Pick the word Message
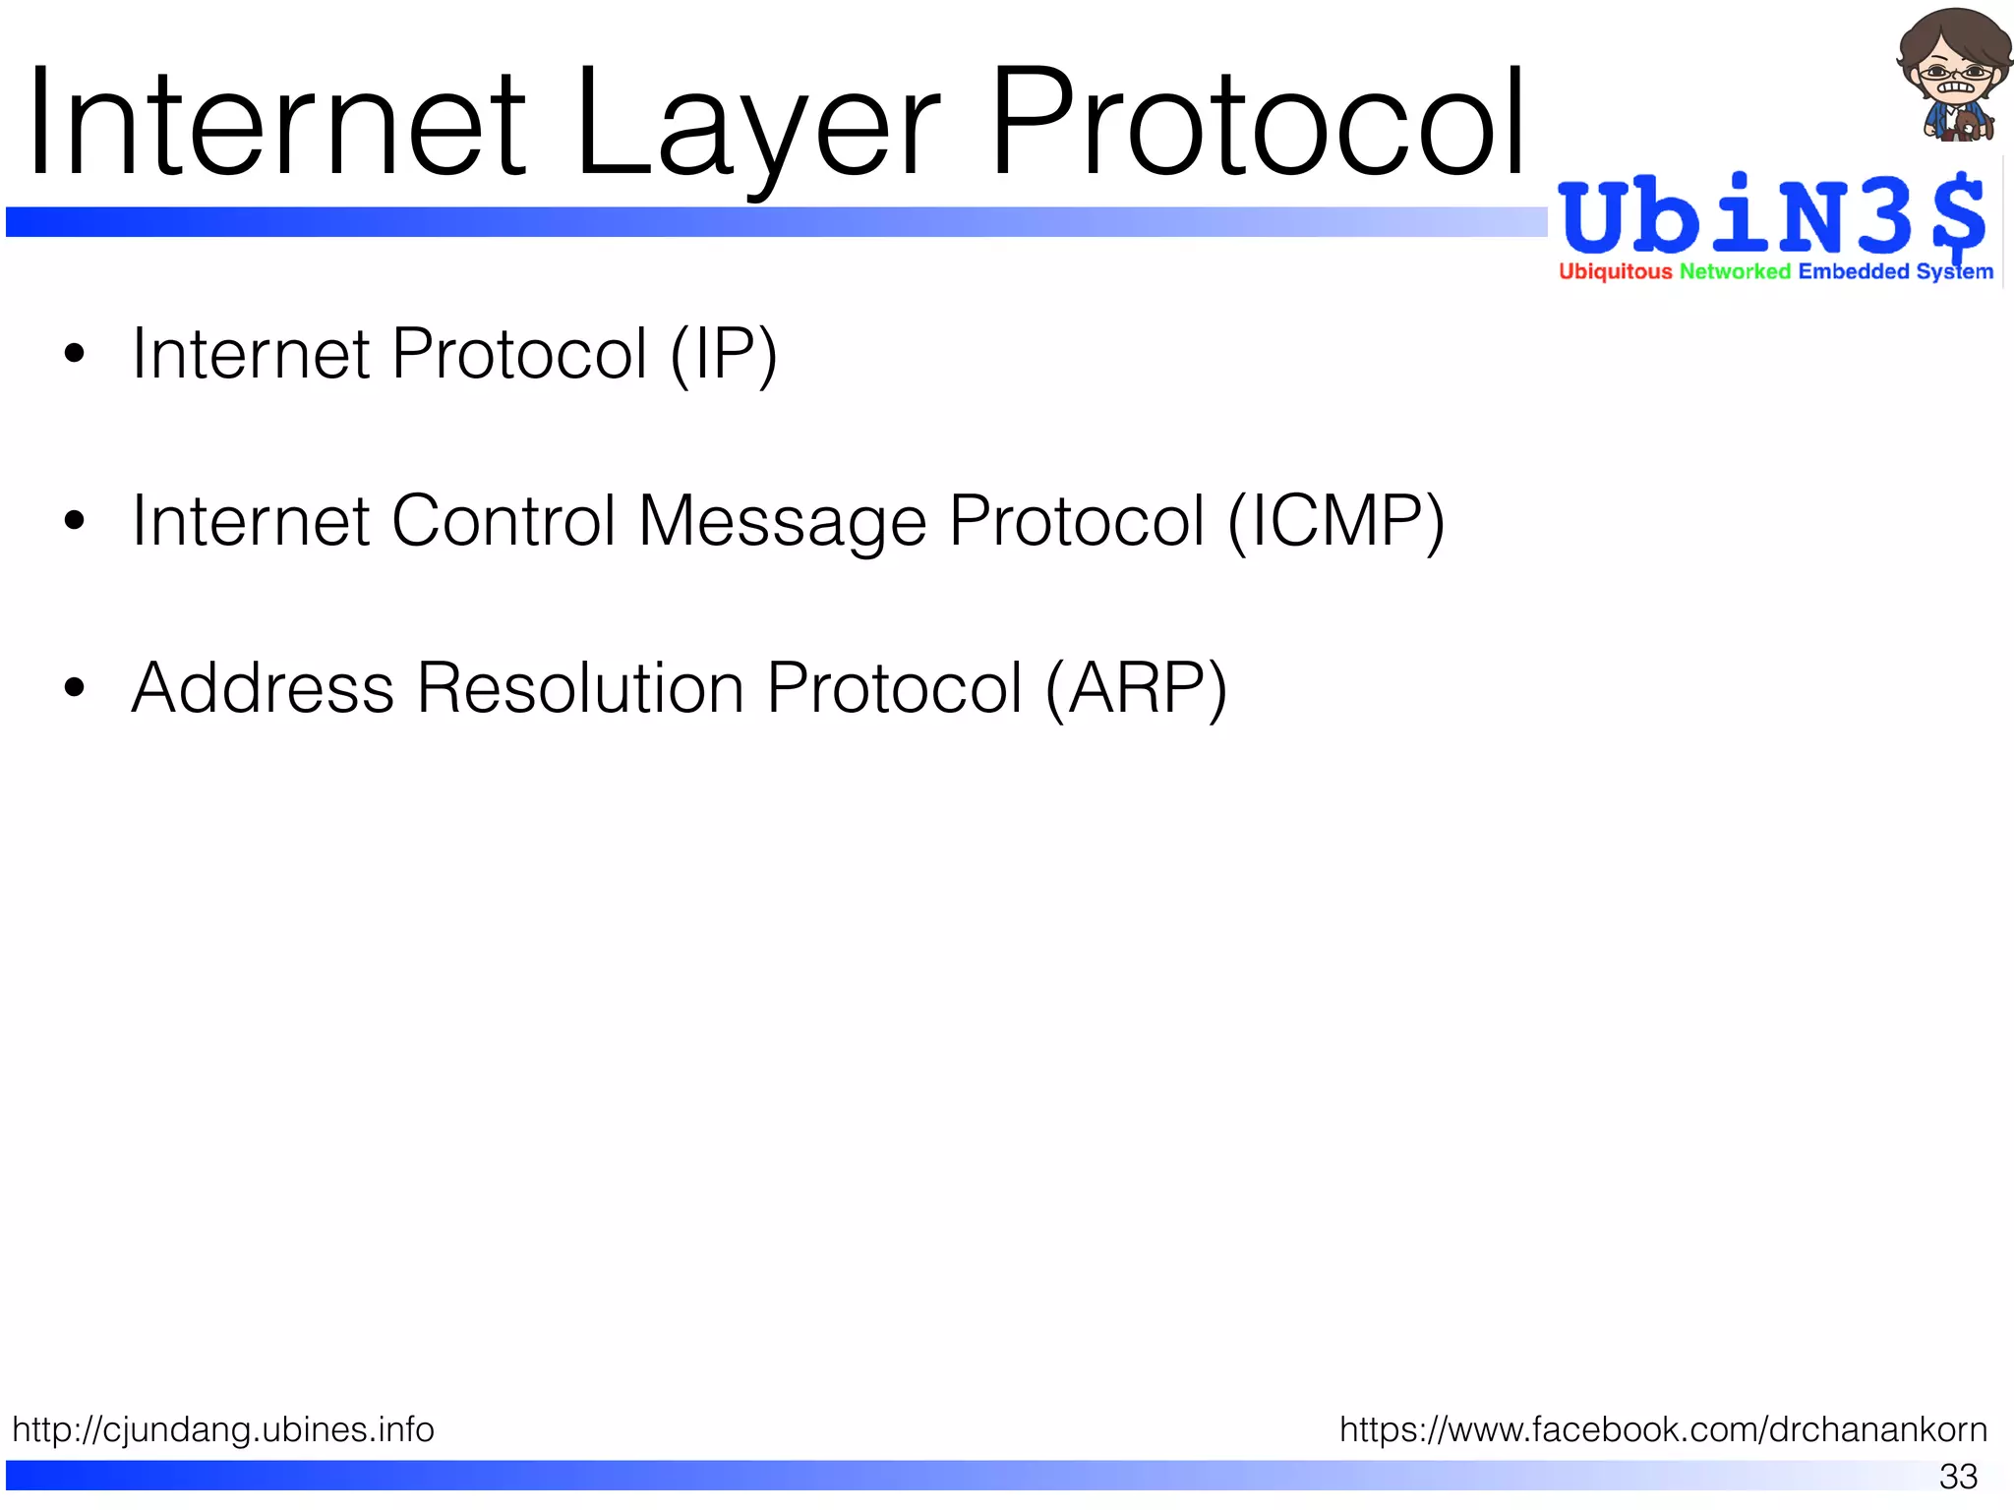click(782, 522)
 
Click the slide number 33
click(1957, 1477)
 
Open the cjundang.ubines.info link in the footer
click(223, 1429)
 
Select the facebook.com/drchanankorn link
click(1663, 1429)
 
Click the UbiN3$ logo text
click(1770, 216)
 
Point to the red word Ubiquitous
click(1615, 271)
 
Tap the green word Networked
click(1735, 271)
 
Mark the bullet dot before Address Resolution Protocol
click(75, 687)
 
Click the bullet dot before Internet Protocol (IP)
click(75, 353)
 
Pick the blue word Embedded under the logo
click(1853, 271)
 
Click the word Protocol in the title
click(1257, 123)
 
